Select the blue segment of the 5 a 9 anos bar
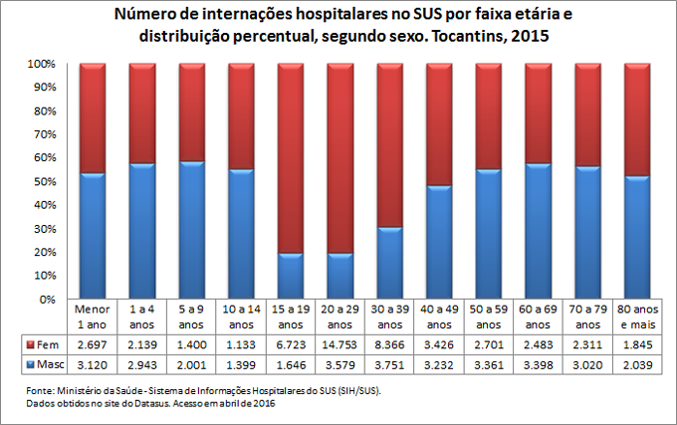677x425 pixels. pyautogui.click(x=192, y=230)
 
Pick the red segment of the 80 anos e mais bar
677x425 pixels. pyautogui.click(x=637, y=119)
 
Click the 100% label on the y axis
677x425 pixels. pyautogui.click(x=49, y=64)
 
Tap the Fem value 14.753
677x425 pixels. pyautogui.click(x=340, y=343)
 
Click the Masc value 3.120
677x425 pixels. pyautogui.click(x=93, y=365)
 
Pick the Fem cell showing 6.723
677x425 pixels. pyautogui.click(x=291, y=343)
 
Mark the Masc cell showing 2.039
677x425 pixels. pyautogui.click(x=637, y=365)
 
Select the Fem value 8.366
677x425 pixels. pyautogui.click(x=390, y=343)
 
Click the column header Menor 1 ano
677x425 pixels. pyautogui.click(x=93, y=317)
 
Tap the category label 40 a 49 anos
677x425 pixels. pyautogui.click(x=439, y=317)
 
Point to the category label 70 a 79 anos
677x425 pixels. pyautogui.click(x=587, y=317)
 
